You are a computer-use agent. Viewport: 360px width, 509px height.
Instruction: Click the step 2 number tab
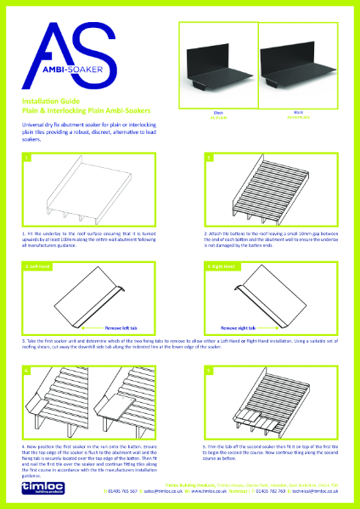coord(209,158)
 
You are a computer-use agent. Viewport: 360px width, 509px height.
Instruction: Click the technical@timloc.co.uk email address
coord(320,490)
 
